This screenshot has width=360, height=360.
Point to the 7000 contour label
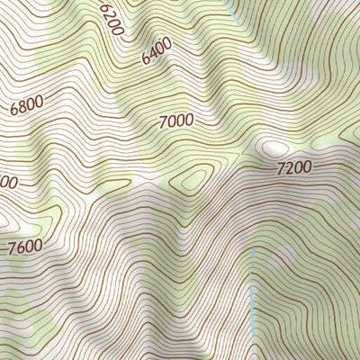[176, 121]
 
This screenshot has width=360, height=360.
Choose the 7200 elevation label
[294, 167]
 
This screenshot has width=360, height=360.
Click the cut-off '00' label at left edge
[7, 183]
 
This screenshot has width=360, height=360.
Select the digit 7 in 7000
[163, 122]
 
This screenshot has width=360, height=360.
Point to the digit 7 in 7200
[282, 169]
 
